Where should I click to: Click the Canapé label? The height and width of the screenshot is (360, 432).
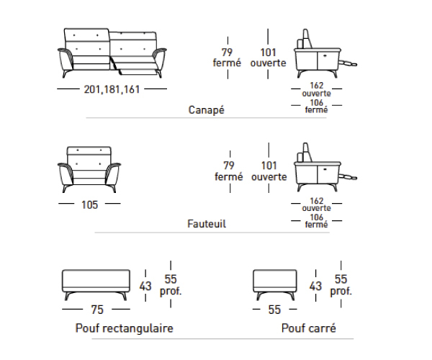click(207, 110)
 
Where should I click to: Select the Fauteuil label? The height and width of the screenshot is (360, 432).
click(207, 224)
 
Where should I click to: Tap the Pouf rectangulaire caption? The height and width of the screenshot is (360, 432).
click(125, 328)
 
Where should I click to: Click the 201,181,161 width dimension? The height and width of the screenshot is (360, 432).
click(112, 90)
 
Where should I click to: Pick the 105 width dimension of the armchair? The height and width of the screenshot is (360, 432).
click(89, 204)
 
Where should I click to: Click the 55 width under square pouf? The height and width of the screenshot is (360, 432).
click(275, 310)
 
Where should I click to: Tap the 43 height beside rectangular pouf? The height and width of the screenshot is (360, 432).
click(145, 286)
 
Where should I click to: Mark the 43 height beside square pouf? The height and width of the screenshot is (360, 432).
click(315, 286)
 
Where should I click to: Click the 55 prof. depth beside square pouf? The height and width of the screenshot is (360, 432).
click(341, 286)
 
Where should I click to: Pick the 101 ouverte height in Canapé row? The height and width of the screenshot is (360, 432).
click(268, 57)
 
